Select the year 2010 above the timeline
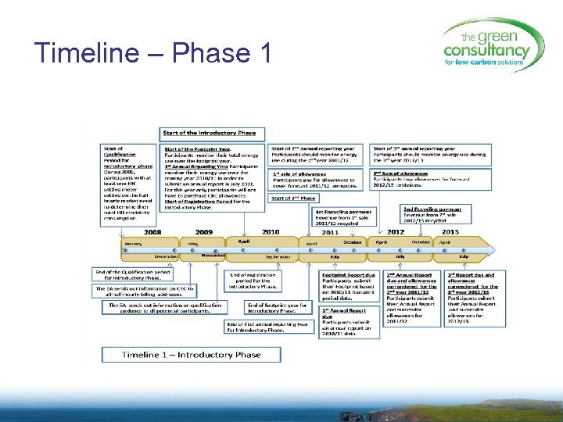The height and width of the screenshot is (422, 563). (x=271, y=232)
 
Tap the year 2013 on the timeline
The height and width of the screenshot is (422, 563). (x=450, y=231)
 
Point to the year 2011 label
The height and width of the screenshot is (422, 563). (x=330, y=232)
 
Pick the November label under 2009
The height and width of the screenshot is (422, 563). (x=213, y=255)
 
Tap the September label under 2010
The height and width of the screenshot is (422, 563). (x=277, y=256)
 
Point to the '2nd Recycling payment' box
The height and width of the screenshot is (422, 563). (x=437, y=213)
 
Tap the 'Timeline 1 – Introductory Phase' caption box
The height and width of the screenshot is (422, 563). (x=191, y=354)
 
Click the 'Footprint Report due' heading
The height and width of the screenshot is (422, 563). (x=349, y=275)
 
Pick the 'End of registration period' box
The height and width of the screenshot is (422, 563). (x=253, y=281)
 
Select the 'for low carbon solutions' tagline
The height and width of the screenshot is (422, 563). (x=484, y=61)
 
